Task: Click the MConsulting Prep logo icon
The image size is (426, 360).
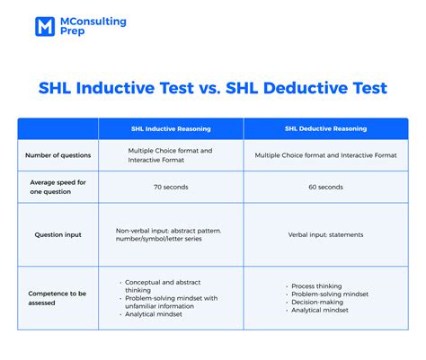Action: click(45, 26)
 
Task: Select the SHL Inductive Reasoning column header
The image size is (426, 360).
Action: click(171, 128)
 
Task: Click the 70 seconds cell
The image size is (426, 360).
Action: click(171, 187)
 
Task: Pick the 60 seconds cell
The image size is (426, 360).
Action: click(324, 187)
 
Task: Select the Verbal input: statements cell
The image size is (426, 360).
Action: click(324, 234)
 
